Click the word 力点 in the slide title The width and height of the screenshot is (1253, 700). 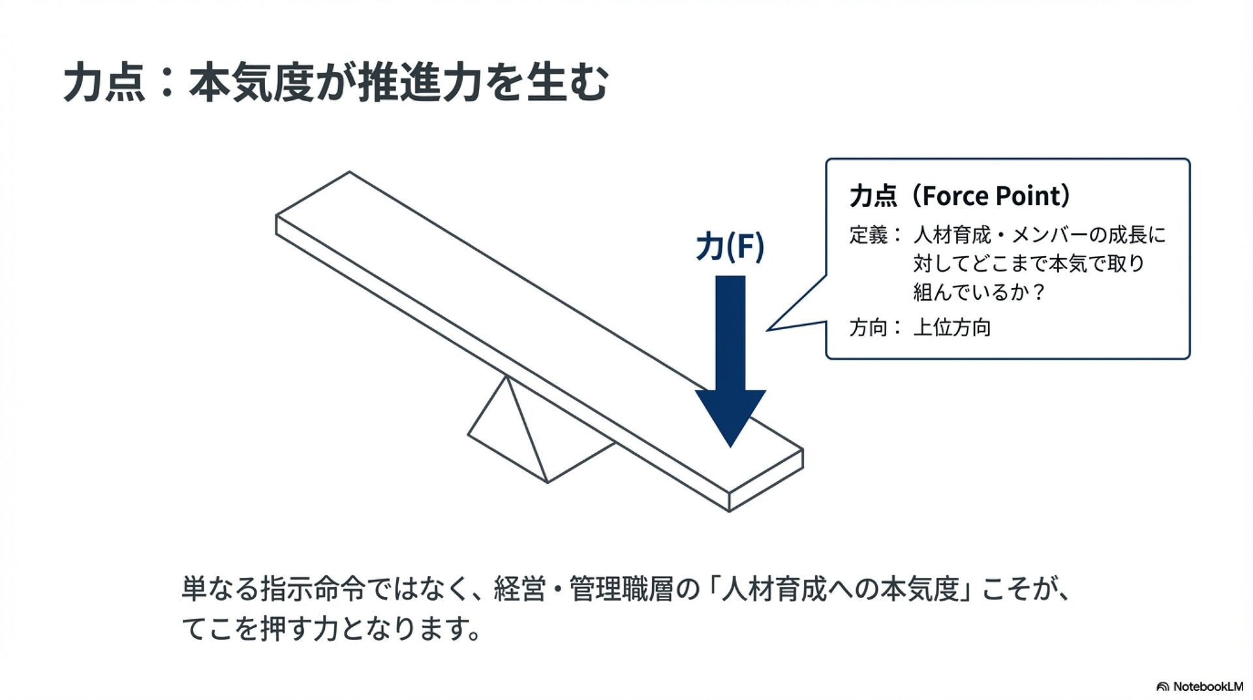click(x=104, y=83)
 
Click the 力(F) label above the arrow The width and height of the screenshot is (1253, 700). click(x=730, y=246)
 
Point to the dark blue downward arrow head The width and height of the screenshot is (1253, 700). click(x=730, y=415)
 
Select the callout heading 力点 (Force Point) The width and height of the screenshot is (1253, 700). click(x=959, y=196)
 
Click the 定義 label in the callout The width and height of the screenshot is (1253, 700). click(x=869, y=235)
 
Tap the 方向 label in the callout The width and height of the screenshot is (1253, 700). click(x=869, y=327)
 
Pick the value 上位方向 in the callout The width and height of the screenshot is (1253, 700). click(x=952, y=327)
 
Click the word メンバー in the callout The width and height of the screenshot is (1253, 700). click(x=1049, y=235)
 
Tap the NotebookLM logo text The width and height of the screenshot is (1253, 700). click(x=1208, y=686)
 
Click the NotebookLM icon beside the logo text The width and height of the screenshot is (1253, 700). click(x=1163, y=687)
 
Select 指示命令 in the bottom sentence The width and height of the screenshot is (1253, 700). click(x=313, y=589)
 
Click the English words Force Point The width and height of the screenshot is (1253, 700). click(x=991, y=196)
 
